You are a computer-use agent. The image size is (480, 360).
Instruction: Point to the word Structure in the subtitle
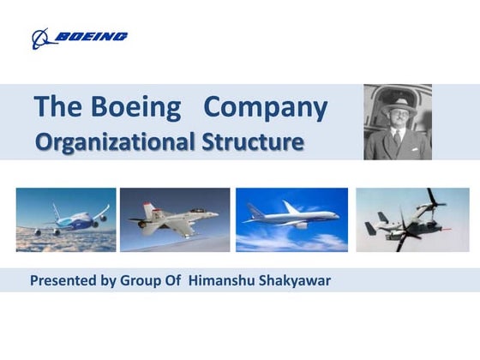pyautogui.click(x=252, y=141)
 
